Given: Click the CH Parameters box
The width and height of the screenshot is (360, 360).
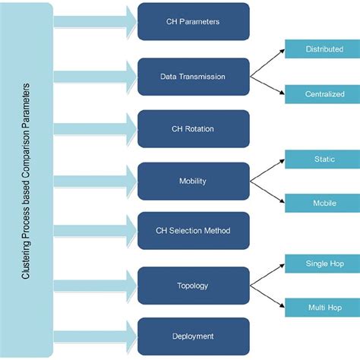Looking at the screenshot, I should click(x=193, y=22).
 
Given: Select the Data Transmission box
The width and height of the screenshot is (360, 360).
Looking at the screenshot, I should click(x=193, y=76).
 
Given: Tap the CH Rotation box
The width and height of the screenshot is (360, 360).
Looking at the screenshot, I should click(x=193, y=129).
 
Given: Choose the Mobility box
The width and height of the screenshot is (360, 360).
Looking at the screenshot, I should click(x=193, y=181).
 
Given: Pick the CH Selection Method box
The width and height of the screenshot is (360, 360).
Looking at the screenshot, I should click(x=193, y=231).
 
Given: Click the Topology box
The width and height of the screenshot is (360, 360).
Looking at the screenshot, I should click(x=193, y=286).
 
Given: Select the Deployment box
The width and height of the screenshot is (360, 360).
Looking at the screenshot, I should click(x=193, y=336).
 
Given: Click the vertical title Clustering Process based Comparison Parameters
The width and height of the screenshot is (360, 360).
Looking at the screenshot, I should click(x=27, y=180).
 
